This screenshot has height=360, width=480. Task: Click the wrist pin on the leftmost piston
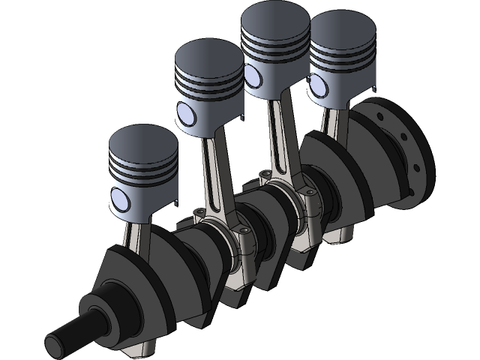tap(121, 199)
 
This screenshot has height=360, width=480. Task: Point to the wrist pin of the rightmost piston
tap(318, 91)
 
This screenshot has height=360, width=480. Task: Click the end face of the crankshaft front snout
tap(57, 346)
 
